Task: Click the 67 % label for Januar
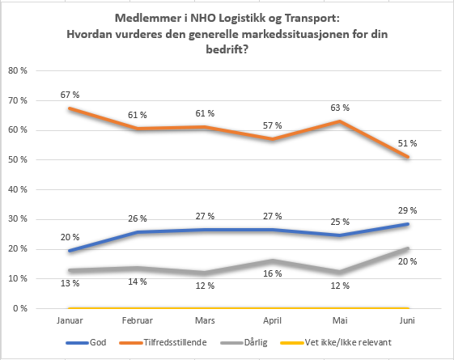[x=70, y=95]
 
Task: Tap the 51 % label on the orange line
[x=407, y=143]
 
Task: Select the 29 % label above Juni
[x=407, y=210]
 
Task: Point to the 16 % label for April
[x=272, y=273]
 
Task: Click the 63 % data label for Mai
[x=340, y=108]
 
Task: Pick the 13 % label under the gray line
[x=70, y=283]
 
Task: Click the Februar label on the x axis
[x=138, y=320]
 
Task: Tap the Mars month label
[x=205, y=320]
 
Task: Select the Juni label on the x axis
[x=407, y=320]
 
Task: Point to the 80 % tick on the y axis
[x=18, y=70]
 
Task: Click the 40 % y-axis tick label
[x=18, y=189]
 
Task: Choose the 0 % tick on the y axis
[x=20, y=308]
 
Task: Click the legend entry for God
[x=86, y=343]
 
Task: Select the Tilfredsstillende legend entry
[x=163, y=343]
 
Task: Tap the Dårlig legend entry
[x=244, y=343]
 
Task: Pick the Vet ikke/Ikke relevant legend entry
[x=336, y=343]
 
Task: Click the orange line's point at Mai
[x=340, y=121]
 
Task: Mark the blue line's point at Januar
[x=70, y=251]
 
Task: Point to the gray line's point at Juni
[x=407, y=248]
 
